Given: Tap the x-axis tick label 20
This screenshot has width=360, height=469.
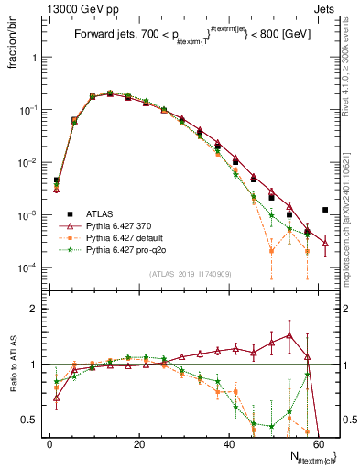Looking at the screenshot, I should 138,442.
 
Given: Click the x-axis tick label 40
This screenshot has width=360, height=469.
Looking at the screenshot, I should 228,442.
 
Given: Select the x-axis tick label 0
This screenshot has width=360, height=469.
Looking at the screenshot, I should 49,442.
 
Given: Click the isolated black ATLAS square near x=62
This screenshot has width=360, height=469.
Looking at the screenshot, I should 325,210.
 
